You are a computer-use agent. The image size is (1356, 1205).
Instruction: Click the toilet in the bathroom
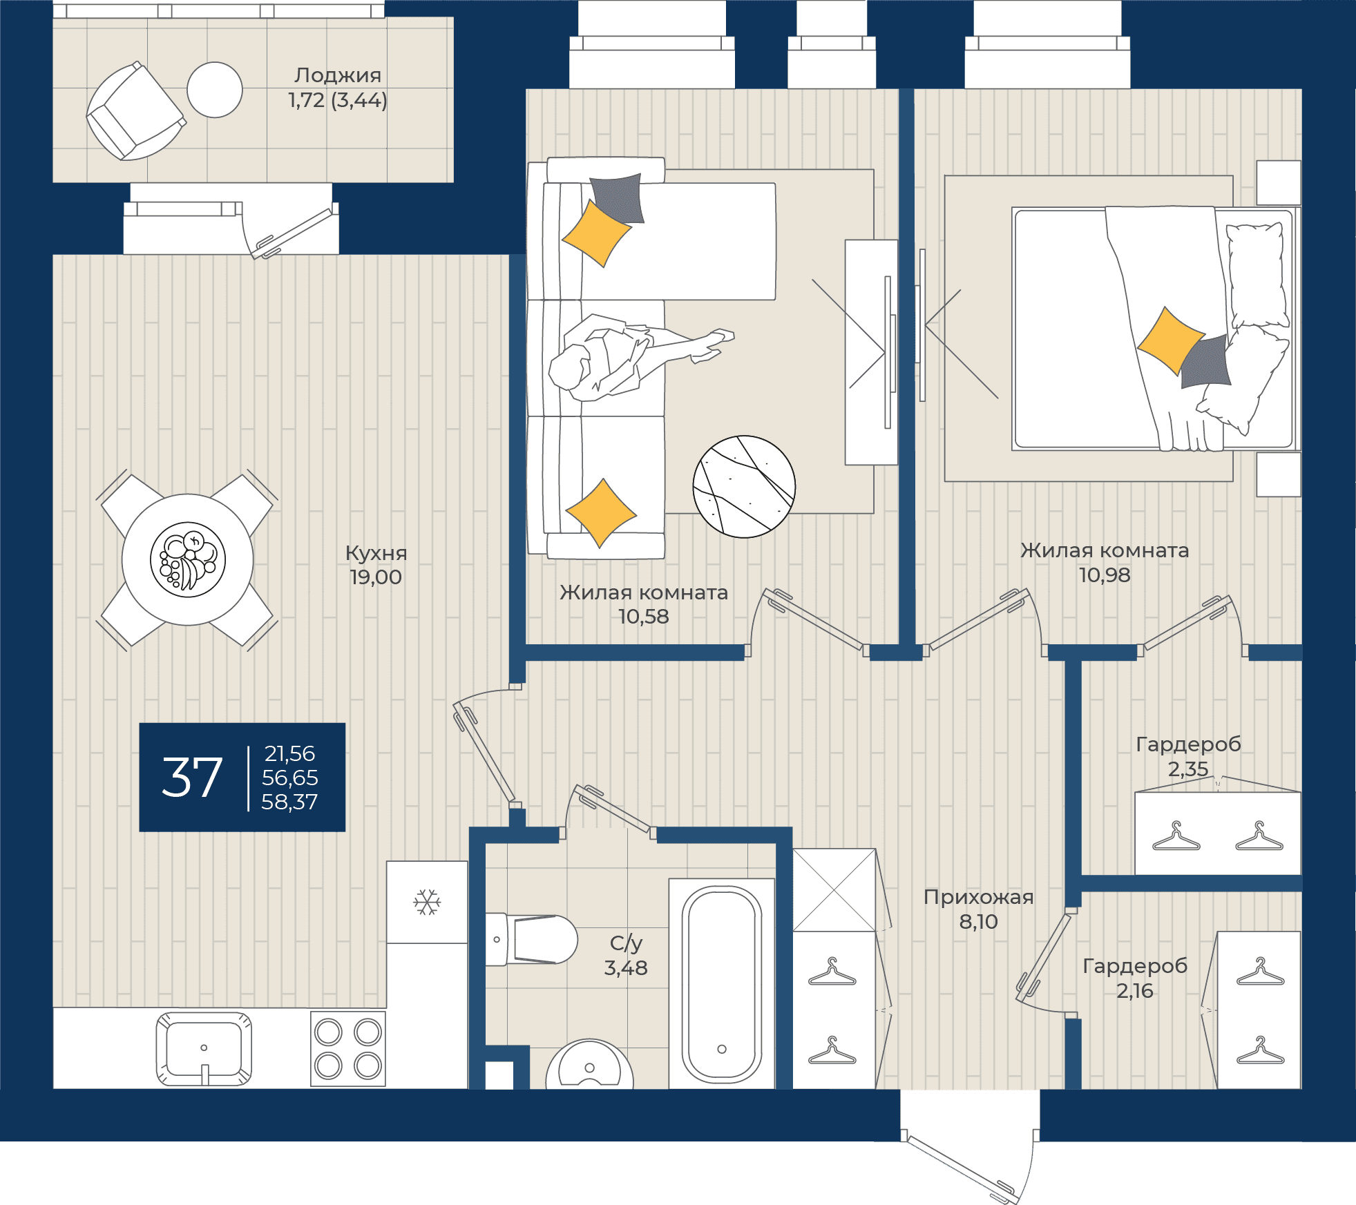point(531,939)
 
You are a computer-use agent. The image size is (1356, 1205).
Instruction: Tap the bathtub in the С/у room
point(722,983)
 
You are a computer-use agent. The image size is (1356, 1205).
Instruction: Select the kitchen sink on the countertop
point(204,1048)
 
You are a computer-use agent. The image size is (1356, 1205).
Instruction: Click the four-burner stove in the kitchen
point(348,1048)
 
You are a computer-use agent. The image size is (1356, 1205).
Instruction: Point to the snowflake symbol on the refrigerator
point(427,902)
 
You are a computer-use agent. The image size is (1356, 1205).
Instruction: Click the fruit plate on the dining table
point(188,559)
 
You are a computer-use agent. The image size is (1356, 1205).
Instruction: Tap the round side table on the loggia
point(215,90)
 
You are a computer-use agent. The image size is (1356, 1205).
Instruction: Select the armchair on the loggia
point(135,111)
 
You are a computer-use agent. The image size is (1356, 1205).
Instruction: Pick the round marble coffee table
point(744,486)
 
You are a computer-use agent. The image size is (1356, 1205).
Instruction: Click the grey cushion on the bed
point(1205,361)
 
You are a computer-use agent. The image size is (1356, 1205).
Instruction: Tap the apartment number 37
point(192,778)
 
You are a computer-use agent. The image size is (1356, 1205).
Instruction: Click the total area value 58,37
point(289,802)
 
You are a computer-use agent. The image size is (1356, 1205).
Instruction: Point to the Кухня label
point(376,553)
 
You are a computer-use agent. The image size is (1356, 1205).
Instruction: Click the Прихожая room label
point(978,897)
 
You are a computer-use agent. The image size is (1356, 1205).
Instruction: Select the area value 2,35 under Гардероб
point(1188,769)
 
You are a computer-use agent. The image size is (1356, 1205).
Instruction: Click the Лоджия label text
point(338,75)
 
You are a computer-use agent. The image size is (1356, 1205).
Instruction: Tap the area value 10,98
point(1105,575)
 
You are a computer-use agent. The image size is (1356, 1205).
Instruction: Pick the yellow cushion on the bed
point(1170,341)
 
